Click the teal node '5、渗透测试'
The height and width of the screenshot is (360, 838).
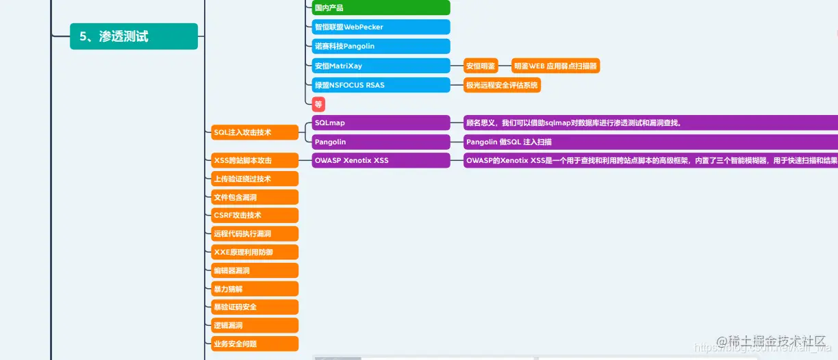point(134,36)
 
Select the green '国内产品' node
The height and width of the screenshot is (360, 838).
point(380,8)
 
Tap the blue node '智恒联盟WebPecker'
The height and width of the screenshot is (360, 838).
point(380,27)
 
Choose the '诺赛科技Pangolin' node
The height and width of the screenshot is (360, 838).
point(380,46)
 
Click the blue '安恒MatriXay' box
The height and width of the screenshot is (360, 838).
point(380,66)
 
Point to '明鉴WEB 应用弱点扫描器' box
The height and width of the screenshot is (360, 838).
point(555,66)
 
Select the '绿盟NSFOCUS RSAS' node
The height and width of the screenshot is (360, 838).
point(380,85)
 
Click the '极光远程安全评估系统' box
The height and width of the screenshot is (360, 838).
point(502,85)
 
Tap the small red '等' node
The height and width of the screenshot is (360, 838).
point(318,104)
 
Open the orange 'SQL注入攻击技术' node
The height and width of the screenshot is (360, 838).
point(254,132)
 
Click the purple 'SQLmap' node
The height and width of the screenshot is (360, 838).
point(380,123)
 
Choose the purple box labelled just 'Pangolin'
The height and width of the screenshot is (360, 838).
point(380,142)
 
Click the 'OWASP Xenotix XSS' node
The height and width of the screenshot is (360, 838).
point(380,160)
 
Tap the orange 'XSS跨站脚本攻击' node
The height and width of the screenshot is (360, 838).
point(254,160)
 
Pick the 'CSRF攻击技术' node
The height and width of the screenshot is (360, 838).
point(254,215)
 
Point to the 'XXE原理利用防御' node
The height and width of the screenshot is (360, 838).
point(254,252)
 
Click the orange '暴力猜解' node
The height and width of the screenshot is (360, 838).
point(254,289)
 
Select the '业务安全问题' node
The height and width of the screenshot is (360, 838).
point(254,344)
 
